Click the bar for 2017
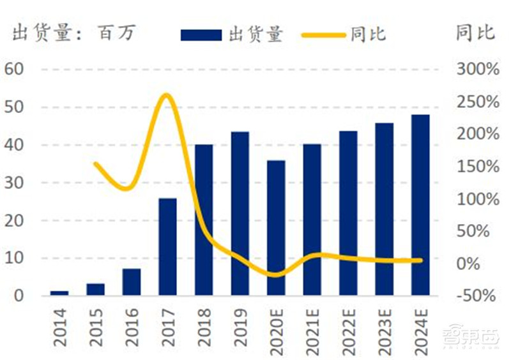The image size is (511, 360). click(x=167, y=247)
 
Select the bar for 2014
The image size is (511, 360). click(x=59, y=293)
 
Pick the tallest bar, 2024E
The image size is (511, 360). click(x=420, y=205)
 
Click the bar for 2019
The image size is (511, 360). click(x=240, y=214)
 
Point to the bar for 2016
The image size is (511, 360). click(x=132, y=282)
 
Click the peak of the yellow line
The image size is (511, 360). click(x=167, y=96)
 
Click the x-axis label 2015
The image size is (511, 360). click(x=96, y=326)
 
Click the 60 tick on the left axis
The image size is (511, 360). click(x=13, y=69)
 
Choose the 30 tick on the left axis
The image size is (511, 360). click(x=13, y=183)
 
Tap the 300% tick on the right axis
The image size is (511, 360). click(x=478, y=69)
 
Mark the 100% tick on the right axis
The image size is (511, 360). click(x=478, y=199)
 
